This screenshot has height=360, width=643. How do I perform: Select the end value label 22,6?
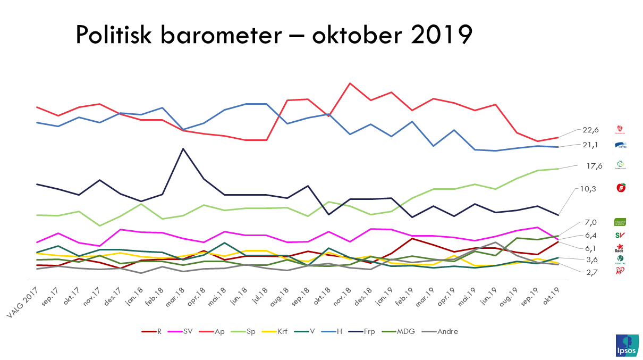click(591, 130)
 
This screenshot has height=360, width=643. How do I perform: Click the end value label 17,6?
click(594, 166)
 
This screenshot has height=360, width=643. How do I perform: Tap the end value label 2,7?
click(591, 272)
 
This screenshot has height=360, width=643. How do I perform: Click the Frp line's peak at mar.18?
click(183, 148)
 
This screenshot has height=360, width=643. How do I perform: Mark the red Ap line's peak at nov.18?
click(350, 83)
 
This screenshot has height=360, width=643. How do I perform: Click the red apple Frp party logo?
click(620, 188)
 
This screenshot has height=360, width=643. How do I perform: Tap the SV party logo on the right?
click(619, 235)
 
